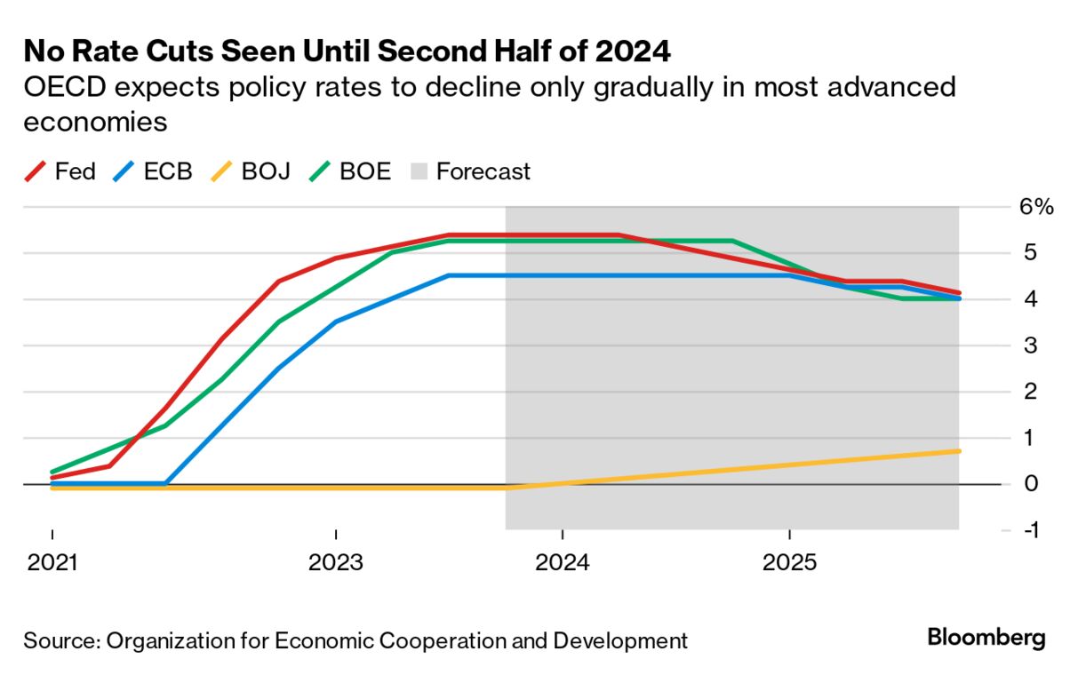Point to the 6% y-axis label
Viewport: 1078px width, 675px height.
(1036, 208)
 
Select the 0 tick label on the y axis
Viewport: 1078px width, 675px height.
(1030, 484)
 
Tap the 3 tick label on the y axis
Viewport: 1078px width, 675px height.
(1030, 345)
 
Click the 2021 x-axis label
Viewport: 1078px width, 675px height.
(52, 564)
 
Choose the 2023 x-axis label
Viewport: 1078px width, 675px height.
(335, 564)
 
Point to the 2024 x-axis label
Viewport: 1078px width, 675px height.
(562, 564)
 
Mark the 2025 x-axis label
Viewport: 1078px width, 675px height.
(789, 564)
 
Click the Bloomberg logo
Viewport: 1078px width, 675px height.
(986, 638)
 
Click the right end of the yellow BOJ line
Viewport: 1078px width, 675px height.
(959, 451)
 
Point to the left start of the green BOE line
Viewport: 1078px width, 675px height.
(52, 472)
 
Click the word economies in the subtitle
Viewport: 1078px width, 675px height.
(95, 122)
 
